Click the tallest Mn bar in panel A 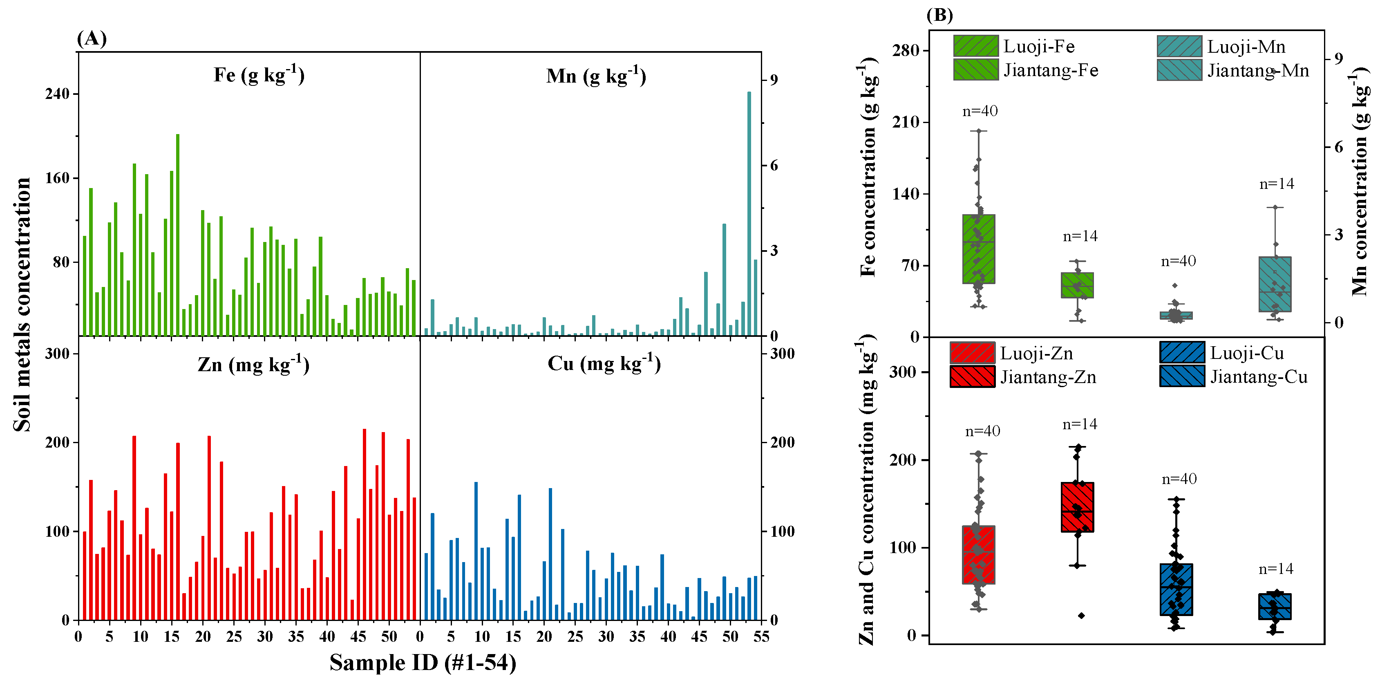pyautogui.click(x=749, y=214)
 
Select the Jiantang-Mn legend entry pyautogui.click(x=1232, y=70)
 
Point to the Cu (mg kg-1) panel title pyautogui.click(x=604, y=364)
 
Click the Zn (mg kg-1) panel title pyautogui.click(x=253, y=365)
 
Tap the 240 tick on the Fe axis pyautogui.click(x=58, y=94)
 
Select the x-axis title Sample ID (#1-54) pyautogui.click(x=423, y=662)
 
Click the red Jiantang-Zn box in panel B pyautogui.click(x=1077, y=507)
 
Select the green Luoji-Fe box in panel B pyautogui.click(x=978, y=249)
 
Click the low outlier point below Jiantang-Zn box pyautogui.click(x=1081, y=616)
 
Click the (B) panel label pyautogui.click(x=939, y=15)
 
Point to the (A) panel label pyautogui.click(x=92, y=38)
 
